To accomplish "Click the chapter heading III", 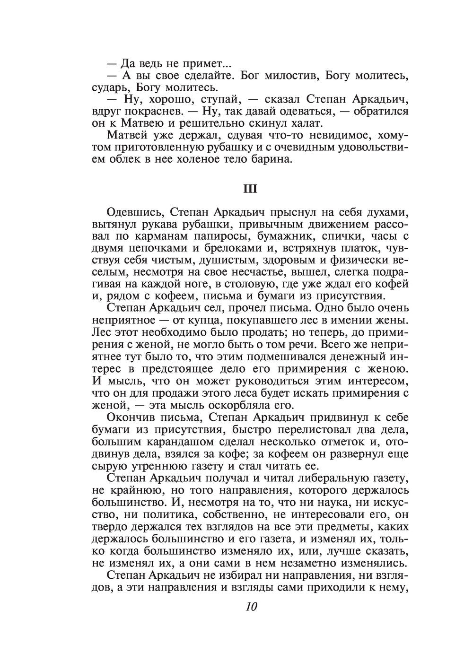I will [250, 189].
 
